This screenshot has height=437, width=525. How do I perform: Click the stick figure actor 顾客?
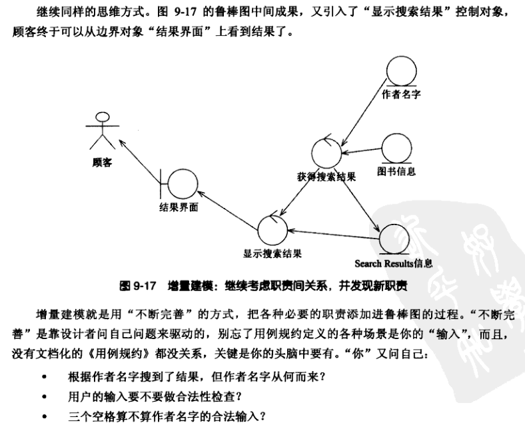[101, 129]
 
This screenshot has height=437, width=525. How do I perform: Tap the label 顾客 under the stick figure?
[101, 162]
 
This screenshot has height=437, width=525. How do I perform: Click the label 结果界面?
[179, 207]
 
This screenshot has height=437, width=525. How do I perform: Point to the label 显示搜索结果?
[272, 254]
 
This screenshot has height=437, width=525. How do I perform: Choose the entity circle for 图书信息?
[396, 149]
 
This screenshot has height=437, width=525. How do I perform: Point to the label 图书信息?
[396, 172]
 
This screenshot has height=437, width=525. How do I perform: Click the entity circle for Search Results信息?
[394, 239]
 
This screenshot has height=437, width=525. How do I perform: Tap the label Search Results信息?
[394, 263]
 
